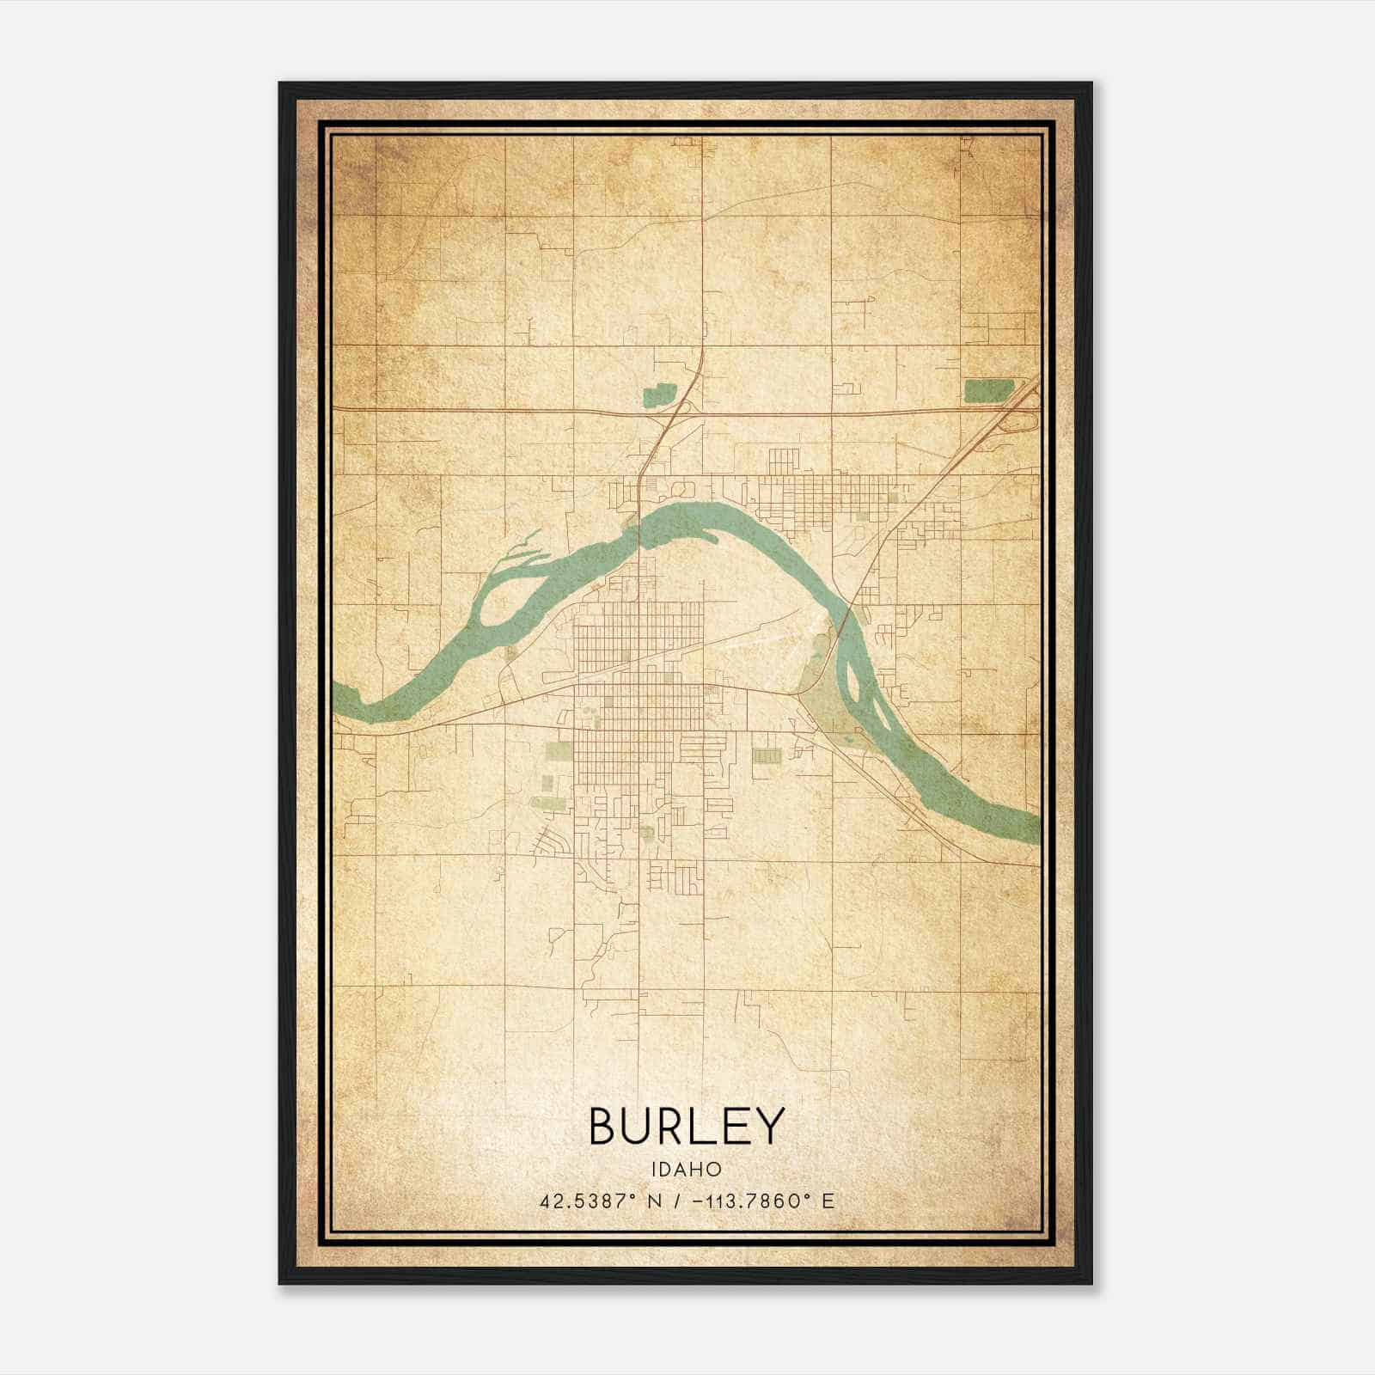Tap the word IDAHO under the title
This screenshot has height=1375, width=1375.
686,1169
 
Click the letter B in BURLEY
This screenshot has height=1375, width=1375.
604,1126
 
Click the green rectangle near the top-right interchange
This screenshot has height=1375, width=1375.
988,391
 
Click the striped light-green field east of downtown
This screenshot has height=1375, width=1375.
765,755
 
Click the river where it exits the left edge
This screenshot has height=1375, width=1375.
340,698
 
